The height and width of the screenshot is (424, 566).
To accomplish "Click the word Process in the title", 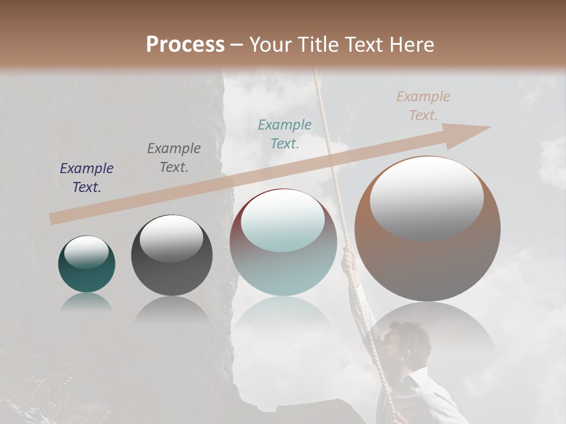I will [x=185, y=45].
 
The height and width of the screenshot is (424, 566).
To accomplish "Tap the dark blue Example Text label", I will [x=87, y=178].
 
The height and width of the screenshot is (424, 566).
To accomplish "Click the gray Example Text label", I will [x=174, y=158].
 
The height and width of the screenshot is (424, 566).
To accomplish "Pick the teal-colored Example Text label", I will [x=285, y=134].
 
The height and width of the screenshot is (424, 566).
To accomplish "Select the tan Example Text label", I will [x=423, y=106].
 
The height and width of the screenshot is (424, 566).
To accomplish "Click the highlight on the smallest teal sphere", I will [x=86, y=252].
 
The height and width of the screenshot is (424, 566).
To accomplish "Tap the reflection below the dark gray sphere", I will [x=172, y=309].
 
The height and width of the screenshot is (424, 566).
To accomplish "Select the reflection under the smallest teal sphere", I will [x=87, y=302].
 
